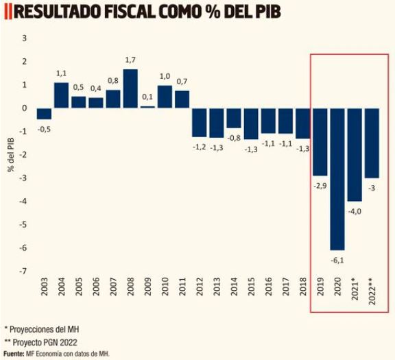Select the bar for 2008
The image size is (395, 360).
click(x=130, y=88)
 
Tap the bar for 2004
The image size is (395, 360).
click(x=61, y=95)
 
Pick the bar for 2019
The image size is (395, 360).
click(x=320, y=142)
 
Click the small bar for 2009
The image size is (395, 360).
click(x=147, y=107)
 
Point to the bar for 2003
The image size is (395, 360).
click(x=44, y=114)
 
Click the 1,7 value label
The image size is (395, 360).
click(x=130, y=60)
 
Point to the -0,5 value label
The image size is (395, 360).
click(x=44, y=128)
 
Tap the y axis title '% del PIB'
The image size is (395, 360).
click(x=11, y=155)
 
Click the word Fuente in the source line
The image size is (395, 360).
click(x=14, y=353)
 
